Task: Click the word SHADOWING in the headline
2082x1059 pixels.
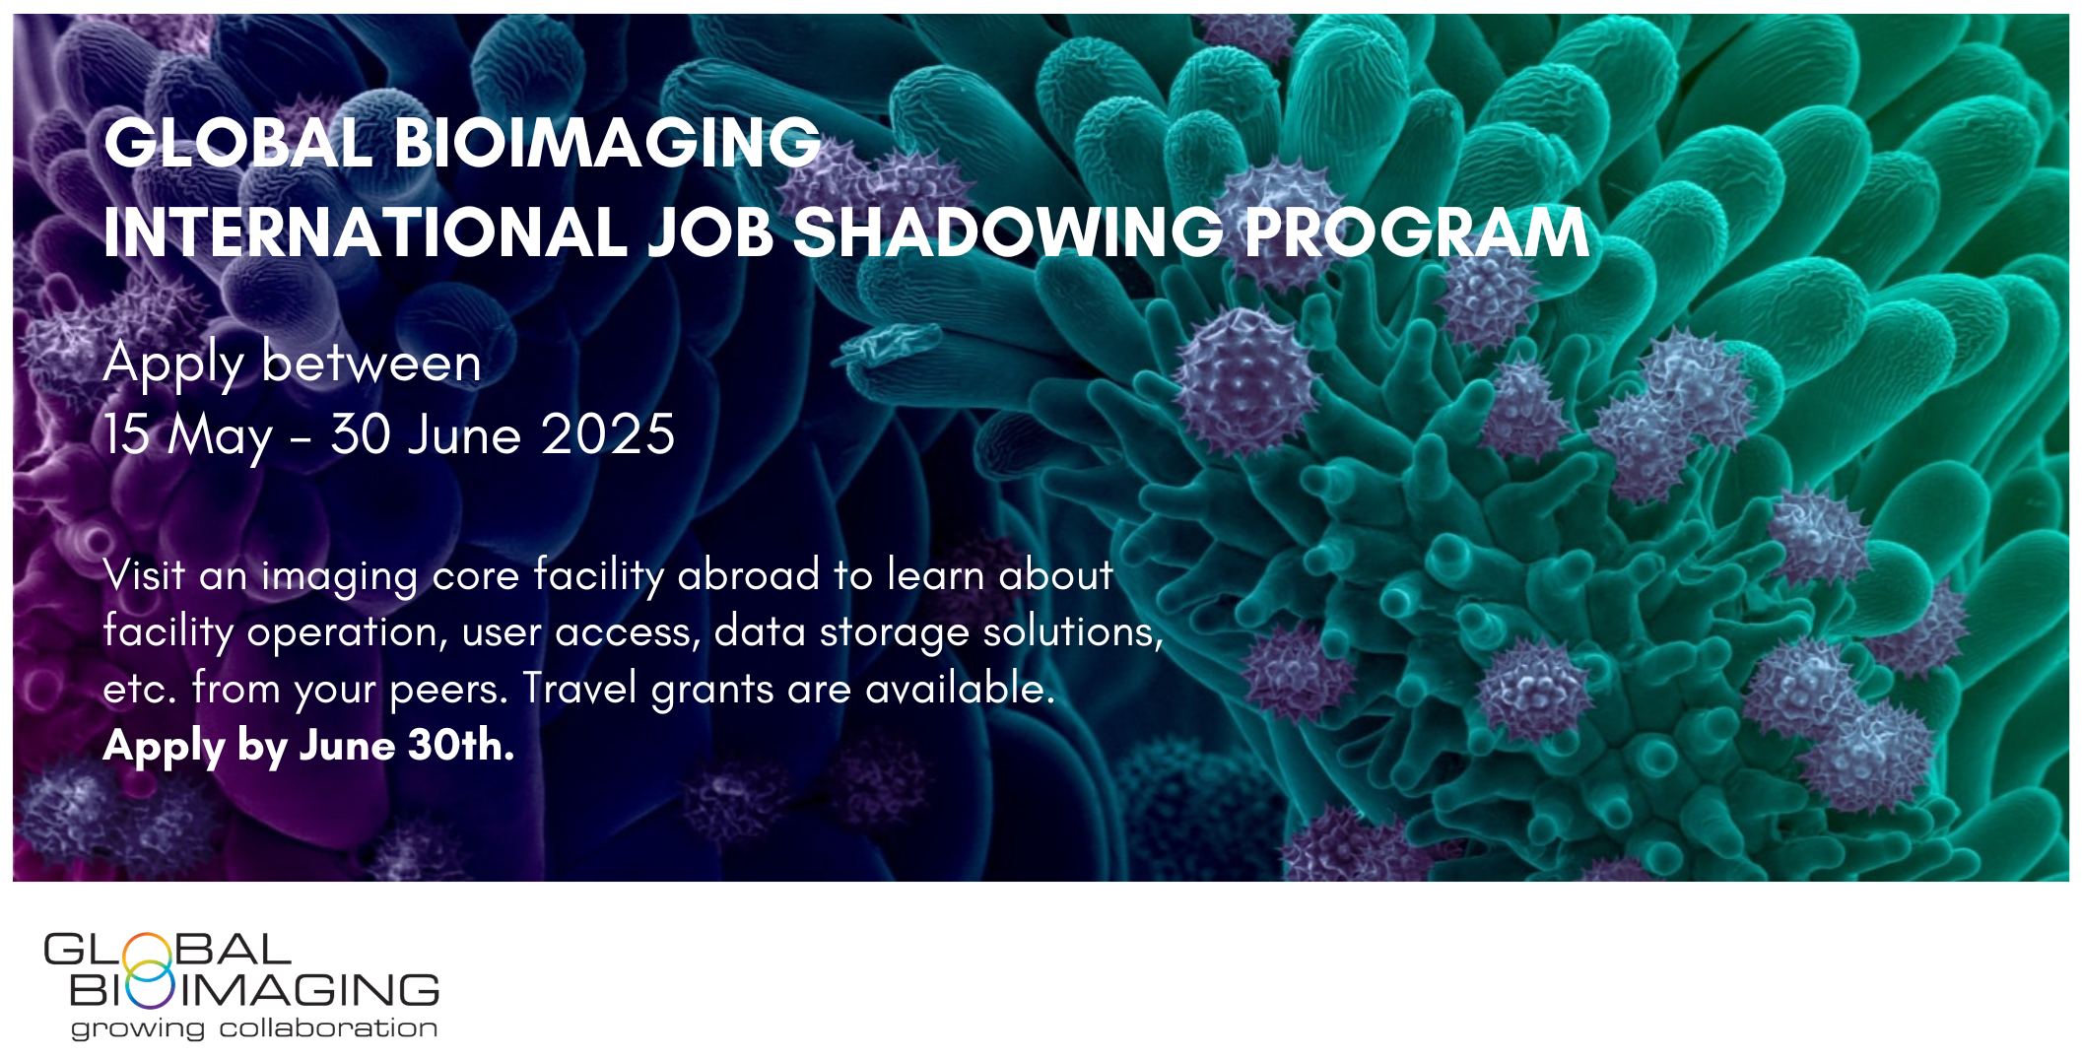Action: coord(1007,233)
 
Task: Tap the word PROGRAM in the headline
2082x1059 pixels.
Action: coord(1416,233)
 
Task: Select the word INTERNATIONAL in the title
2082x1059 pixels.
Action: coord(365,233)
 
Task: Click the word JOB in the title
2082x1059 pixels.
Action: coord(709,233)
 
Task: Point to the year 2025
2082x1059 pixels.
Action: coord(608,434)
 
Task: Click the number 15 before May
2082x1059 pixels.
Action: coord(126,434)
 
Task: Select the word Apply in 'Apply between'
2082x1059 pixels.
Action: coord(173,364)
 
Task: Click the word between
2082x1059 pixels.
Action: coord(371,364)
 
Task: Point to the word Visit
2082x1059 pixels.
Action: coord(143,574)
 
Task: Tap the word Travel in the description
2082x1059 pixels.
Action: coord(579,688)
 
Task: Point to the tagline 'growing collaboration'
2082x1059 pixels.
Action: coord(253,1028)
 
